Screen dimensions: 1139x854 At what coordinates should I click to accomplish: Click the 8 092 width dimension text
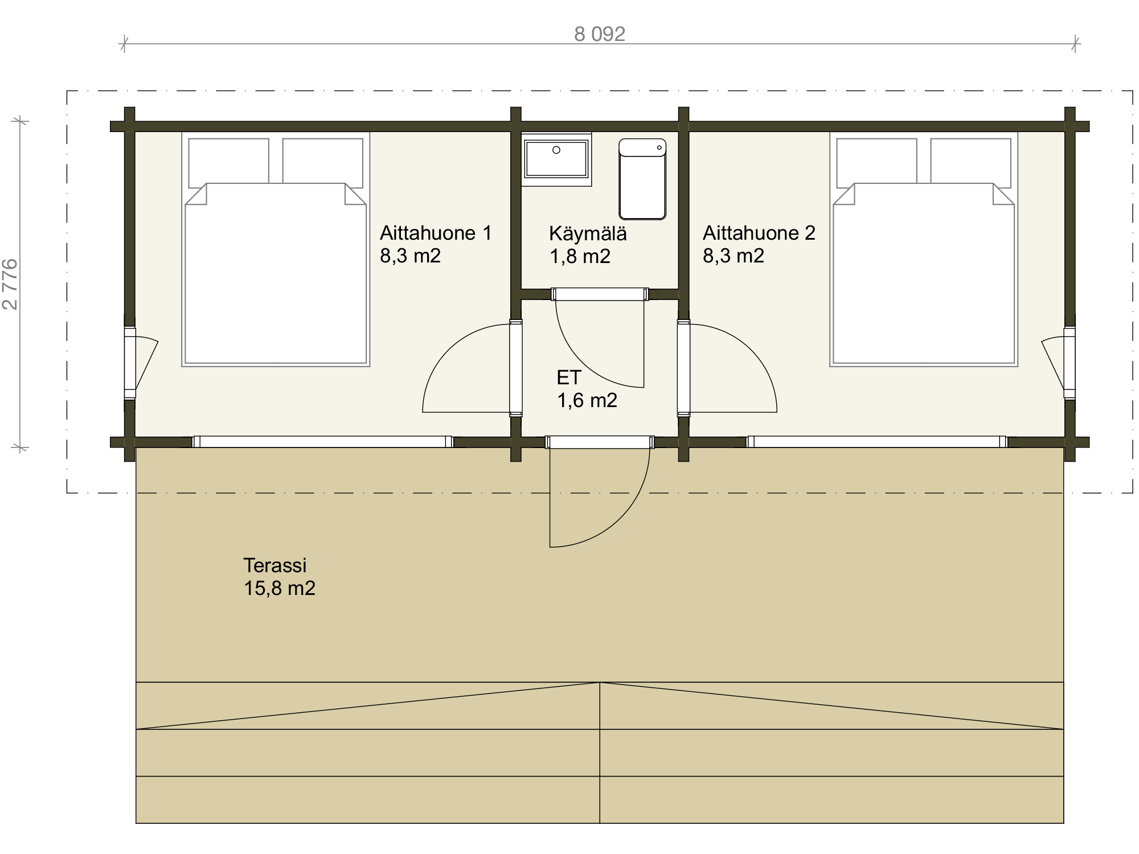600,34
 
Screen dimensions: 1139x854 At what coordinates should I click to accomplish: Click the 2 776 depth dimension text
10,285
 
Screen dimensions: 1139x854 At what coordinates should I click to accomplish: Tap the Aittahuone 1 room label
436,233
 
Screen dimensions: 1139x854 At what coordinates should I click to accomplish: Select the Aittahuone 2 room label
759,233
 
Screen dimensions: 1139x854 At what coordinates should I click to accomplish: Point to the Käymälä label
588,233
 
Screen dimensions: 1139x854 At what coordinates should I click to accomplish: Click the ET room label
569,377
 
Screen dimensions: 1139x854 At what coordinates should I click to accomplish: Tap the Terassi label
275,565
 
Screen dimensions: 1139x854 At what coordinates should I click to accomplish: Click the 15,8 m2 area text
280,588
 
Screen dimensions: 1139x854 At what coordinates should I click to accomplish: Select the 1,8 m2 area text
580,257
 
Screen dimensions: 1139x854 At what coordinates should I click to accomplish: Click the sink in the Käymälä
556,160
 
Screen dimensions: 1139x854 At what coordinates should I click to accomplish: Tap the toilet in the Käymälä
642,179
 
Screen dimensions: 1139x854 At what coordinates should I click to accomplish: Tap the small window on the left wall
130,362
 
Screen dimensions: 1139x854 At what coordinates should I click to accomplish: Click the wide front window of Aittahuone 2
877,442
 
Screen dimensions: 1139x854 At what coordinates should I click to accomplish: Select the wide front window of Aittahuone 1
323,442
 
